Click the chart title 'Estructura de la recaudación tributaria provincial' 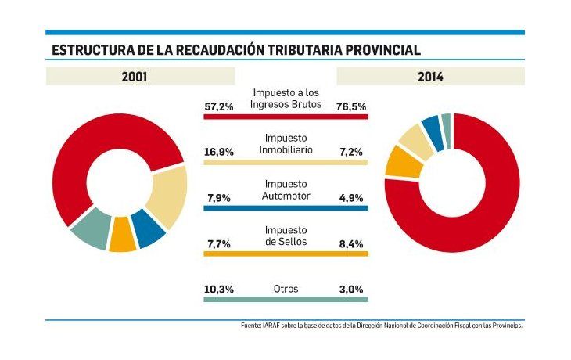click(235, 49)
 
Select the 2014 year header click(429, 77)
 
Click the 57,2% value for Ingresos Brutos click(219, 106)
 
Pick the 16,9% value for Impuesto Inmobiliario click(219, 152)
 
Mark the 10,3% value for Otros click(219, 289)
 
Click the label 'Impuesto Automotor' click(285, 189)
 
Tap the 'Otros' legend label click(285, 289)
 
